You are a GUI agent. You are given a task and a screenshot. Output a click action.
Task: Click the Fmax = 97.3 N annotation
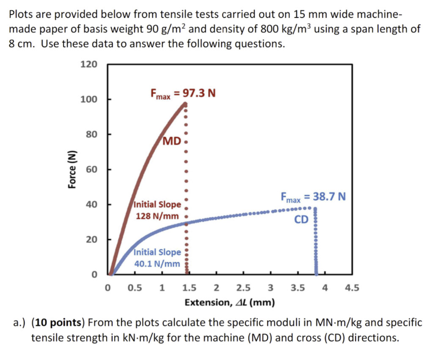[x=183, y=93]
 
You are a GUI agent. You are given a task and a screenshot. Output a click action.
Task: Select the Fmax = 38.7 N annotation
[x=313, y=197]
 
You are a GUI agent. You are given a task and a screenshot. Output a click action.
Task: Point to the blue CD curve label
[x=301, y=219]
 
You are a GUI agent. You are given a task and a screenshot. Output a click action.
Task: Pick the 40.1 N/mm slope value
[x=157, y=264]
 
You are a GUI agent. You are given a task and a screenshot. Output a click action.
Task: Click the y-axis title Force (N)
[x=72, y=169]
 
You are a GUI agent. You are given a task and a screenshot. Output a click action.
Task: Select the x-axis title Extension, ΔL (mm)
[x=230, y=303]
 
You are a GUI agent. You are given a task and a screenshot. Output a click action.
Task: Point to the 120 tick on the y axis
[x=89, y=64]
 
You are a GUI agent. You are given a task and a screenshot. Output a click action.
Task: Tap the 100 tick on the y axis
[x=89, y=99]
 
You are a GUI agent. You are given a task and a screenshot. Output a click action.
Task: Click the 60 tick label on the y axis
[x=91, y=169]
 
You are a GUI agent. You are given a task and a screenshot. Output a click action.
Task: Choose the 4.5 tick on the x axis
[x=352, y=289]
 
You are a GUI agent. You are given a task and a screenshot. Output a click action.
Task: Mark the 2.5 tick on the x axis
[x=243, y=289]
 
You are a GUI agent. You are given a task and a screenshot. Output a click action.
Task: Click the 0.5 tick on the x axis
[x=134, y=289]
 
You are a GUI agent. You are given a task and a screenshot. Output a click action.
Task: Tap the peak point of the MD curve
[x=185, y=104]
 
